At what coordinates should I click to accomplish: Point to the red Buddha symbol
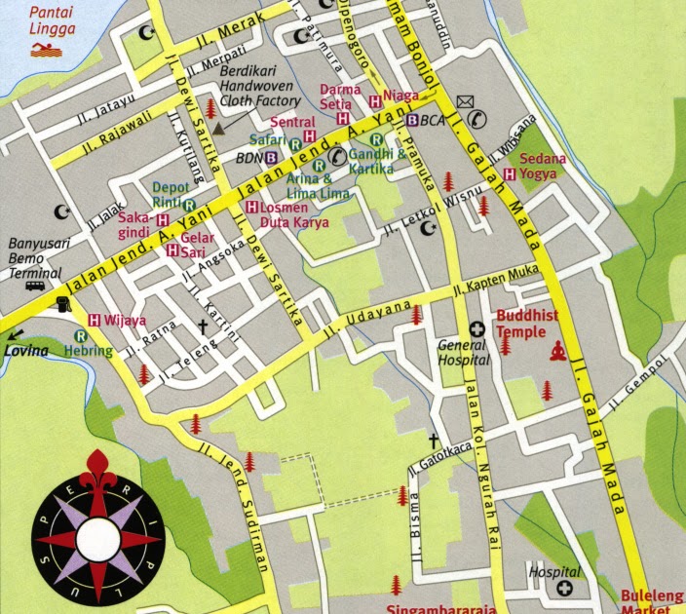(558, 351)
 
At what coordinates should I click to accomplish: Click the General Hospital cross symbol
(477, 329)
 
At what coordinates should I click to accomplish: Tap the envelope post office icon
(465, 100)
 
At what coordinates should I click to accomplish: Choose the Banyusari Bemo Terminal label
(35, 258)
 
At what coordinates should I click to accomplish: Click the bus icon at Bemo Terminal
(35, 286)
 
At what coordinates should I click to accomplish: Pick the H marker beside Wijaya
(95, 319)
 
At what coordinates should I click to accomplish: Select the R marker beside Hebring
(80, 336)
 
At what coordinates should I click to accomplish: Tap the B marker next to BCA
(412, 120)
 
